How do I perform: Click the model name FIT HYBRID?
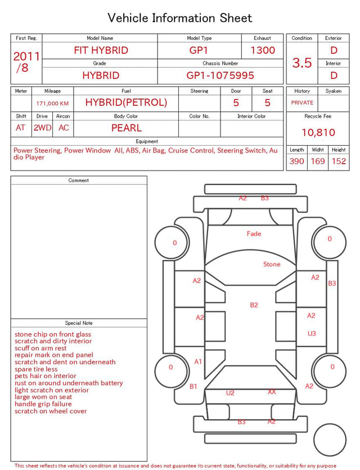[101, 50]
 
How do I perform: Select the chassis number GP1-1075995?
[220, 75]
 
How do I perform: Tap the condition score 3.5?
[302, 63]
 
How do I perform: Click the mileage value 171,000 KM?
[52, 104]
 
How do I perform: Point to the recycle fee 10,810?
[318, 132]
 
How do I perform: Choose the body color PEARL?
[127, 128]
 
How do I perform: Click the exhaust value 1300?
[263, 50]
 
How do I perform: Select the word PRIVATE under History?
[302, 102]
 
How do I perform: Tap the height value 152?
[339, 161]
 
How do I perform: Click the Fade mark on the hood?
[254, 234]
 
